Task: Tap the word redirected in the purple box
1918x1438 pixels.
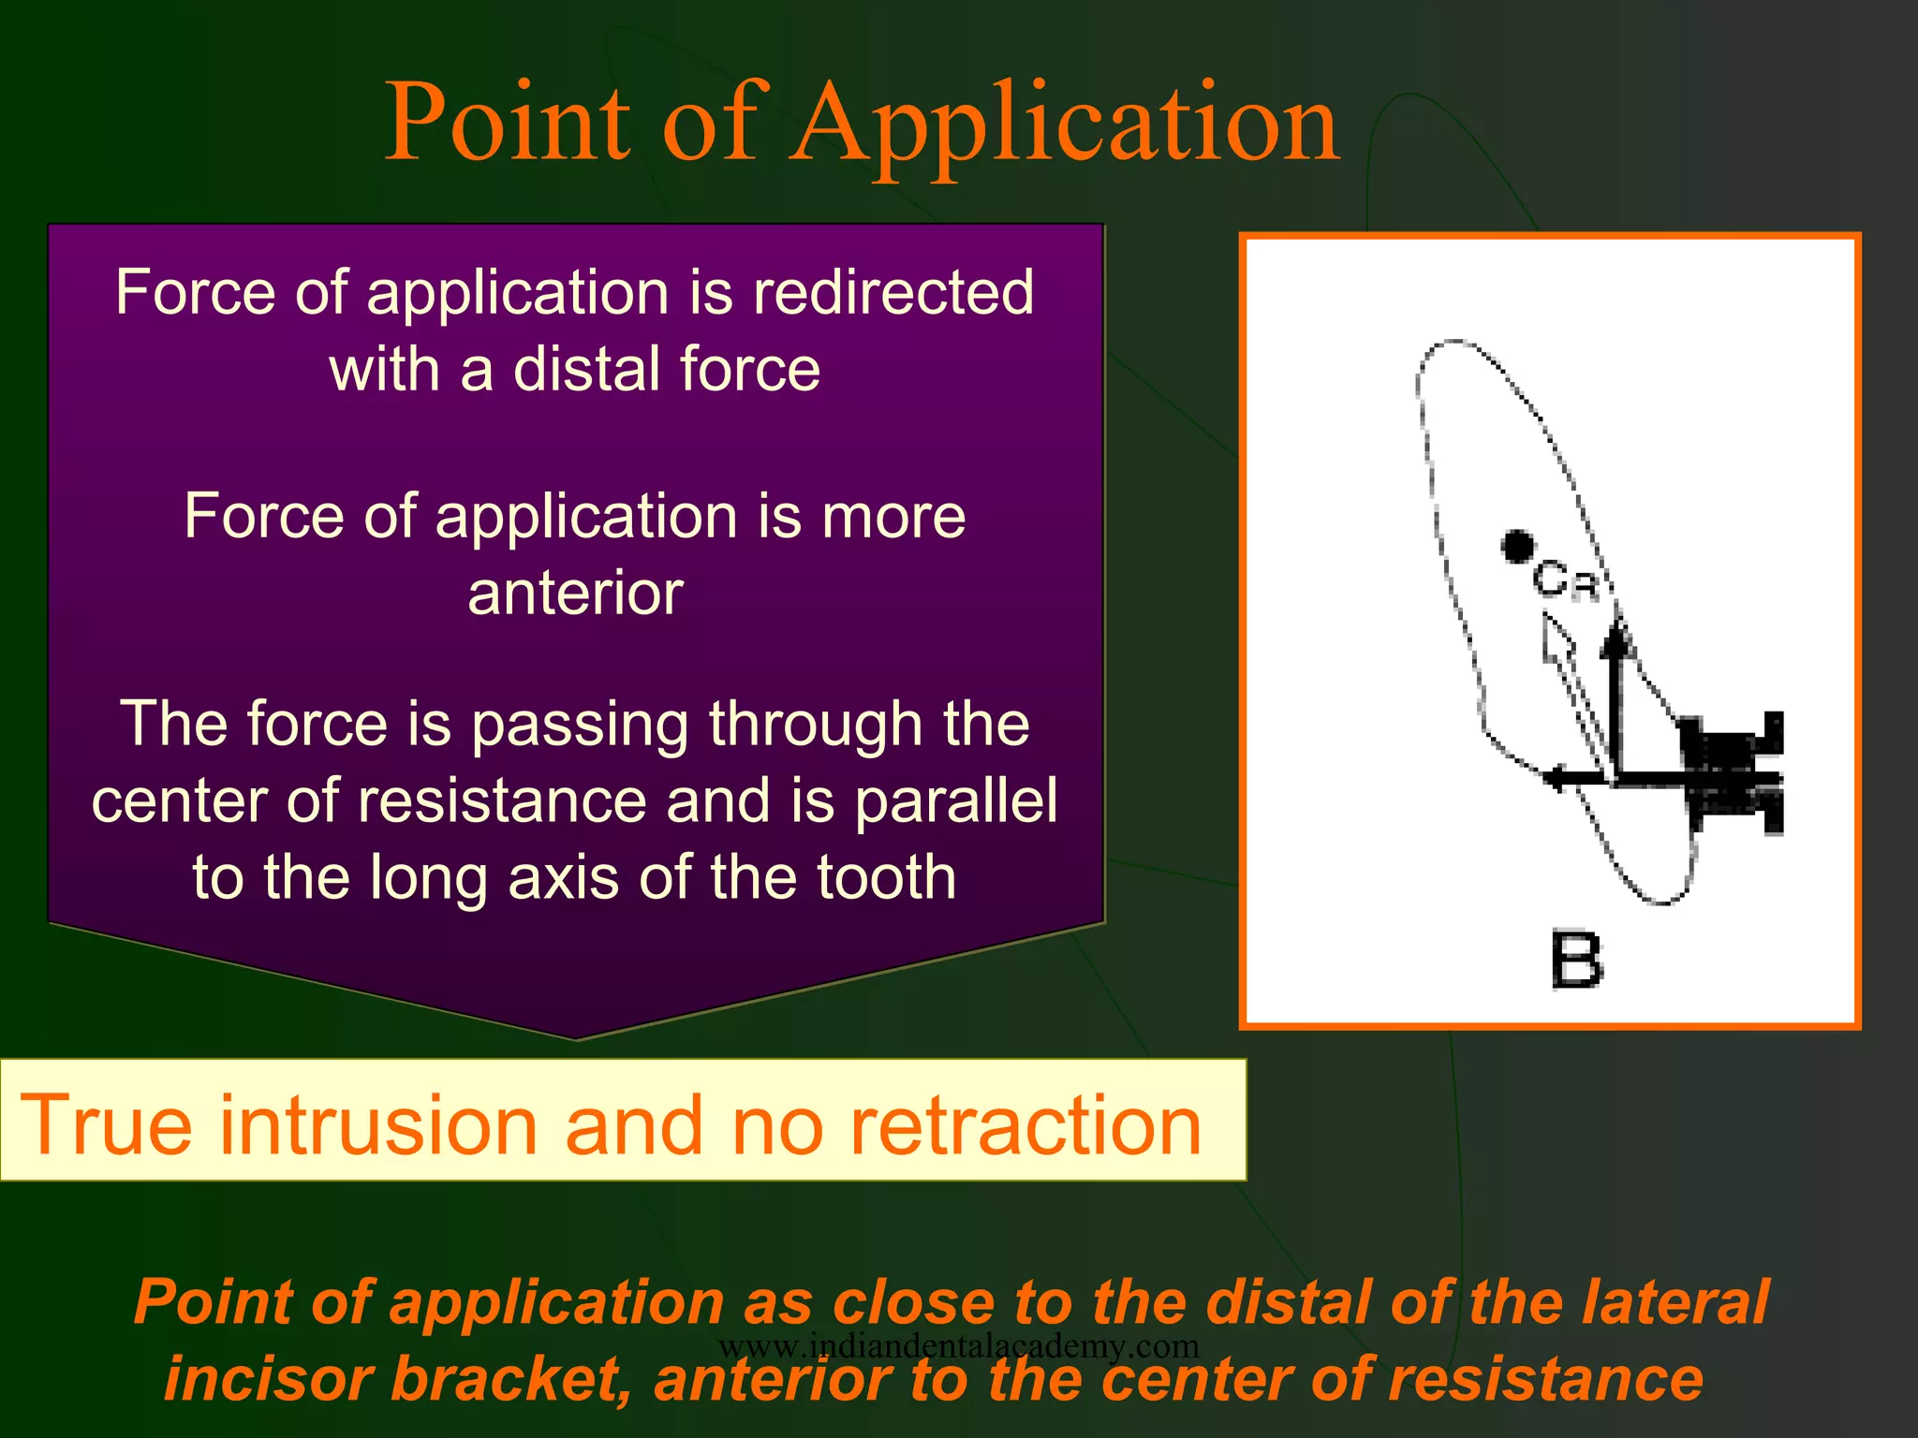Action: coord(893,292)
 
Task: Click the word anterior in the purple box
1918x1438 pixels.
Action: coord(575,594)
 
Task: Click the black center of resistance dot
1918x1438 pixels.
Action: coord(1518,546)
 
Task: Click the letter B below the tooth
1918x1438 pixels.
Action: coord(1576,960)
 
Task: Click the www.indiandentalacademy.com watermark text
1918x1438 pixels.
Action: coord(958,1345)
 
